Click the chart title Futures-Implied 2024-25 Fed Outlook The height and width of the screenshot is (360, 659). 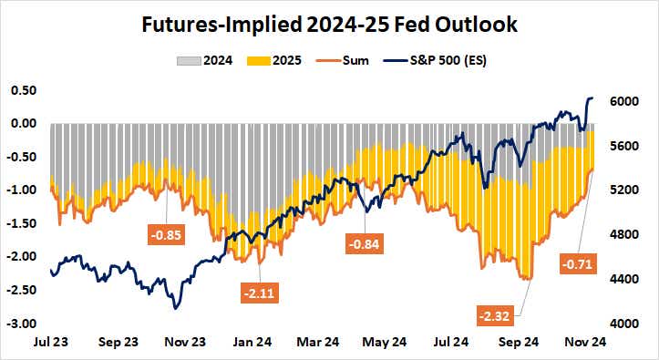[x=329, y=25]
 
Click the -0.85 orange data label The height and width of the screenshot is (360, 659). [x=168, y=234]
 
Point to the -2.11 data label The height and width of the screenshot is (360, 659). [x=262, y=293]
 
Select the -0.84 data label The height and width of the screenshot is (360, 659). [x=365, y=243]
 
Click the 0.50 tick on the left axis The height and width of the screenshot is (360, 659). [x=23, y=90]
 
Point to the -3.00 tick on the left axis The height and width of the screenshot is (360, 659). [x=22, y=324]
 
